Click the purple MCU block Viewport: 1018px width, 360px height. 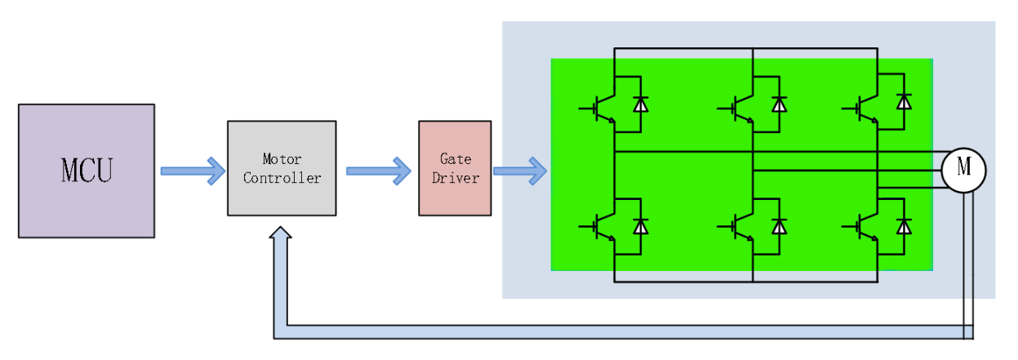tap(87, 171)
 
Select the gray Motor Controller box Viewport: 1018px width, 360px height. tap(282, 168)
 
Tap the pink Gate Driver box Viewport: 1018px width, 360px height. tap(455, 168)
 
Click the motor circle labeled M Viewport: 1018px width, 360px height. tap(963, 169)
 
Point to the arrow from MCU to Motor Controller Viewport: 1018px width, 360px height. tap(192, 171)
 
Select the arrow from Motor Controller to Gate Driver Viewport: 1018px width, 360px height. tap(378, 171)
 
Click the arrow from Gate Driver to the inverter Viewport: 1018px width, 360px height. tap(519, 171)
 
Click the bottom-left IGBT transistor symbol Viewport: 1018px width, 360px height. tap(602, 225)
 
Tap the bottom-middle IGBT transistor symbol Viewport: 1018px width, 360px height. tap(740, 225)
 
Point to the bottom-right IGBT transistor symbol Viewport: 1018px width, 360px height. tap(866, 225)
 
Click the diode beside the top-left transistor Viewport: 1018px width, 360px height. tap(641, 104)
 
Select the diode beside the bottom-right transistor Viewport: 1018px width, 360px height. tap(904, 225)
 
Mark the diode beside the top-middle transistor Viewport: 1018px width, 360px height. tap(780, 104)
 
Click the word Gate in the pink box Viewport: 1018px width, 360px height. tap(456, 159)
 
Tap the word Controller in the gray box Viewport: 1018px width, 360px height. tap(282, 178)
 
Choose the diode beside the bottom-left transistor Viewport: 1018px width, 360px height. tap(641, 225)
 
